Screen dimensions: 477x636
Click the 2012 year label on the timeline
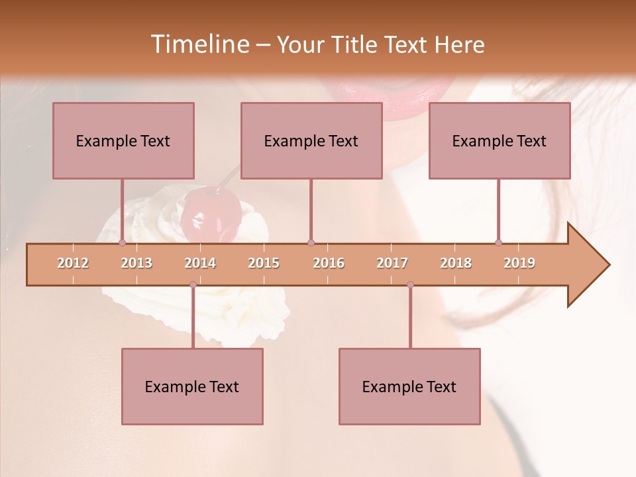click(73, 263)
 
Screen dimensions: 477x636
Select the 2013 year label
click(136, 263)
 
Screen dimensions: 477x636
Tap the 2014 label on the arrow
click(200, 263)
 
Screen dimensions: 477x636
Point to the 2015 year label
click(264, 263)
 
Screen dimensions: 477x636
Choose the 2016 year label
click(329, 263)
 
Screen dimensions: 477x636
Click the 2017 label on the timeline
click(392, 263)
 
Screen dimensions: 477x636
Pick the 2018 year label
click(456, 263)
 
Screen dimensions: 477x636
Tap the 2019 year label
click(519, 263)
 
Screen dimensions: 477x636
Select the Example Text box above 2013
click(123, 140)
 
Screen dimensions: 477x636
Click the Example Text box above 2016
click(311, 140)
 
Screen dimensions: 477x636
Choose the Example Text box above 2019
click(500, 140)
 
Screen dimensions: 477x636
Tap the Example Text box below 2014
click(192, 386)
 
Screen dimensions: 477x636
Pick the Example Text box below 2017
click(409, 386)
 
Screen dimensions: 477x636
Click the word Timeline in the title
click(199, 44)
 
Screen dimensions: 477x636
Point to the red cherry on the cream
click(211, 213)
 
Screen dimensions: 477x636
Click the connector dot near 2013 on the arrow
click(122, 243)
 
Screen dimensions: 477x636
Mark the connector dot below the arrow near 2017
click(410, 285)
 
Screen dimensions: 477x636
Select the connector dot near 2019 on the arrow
click(498, 243)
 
